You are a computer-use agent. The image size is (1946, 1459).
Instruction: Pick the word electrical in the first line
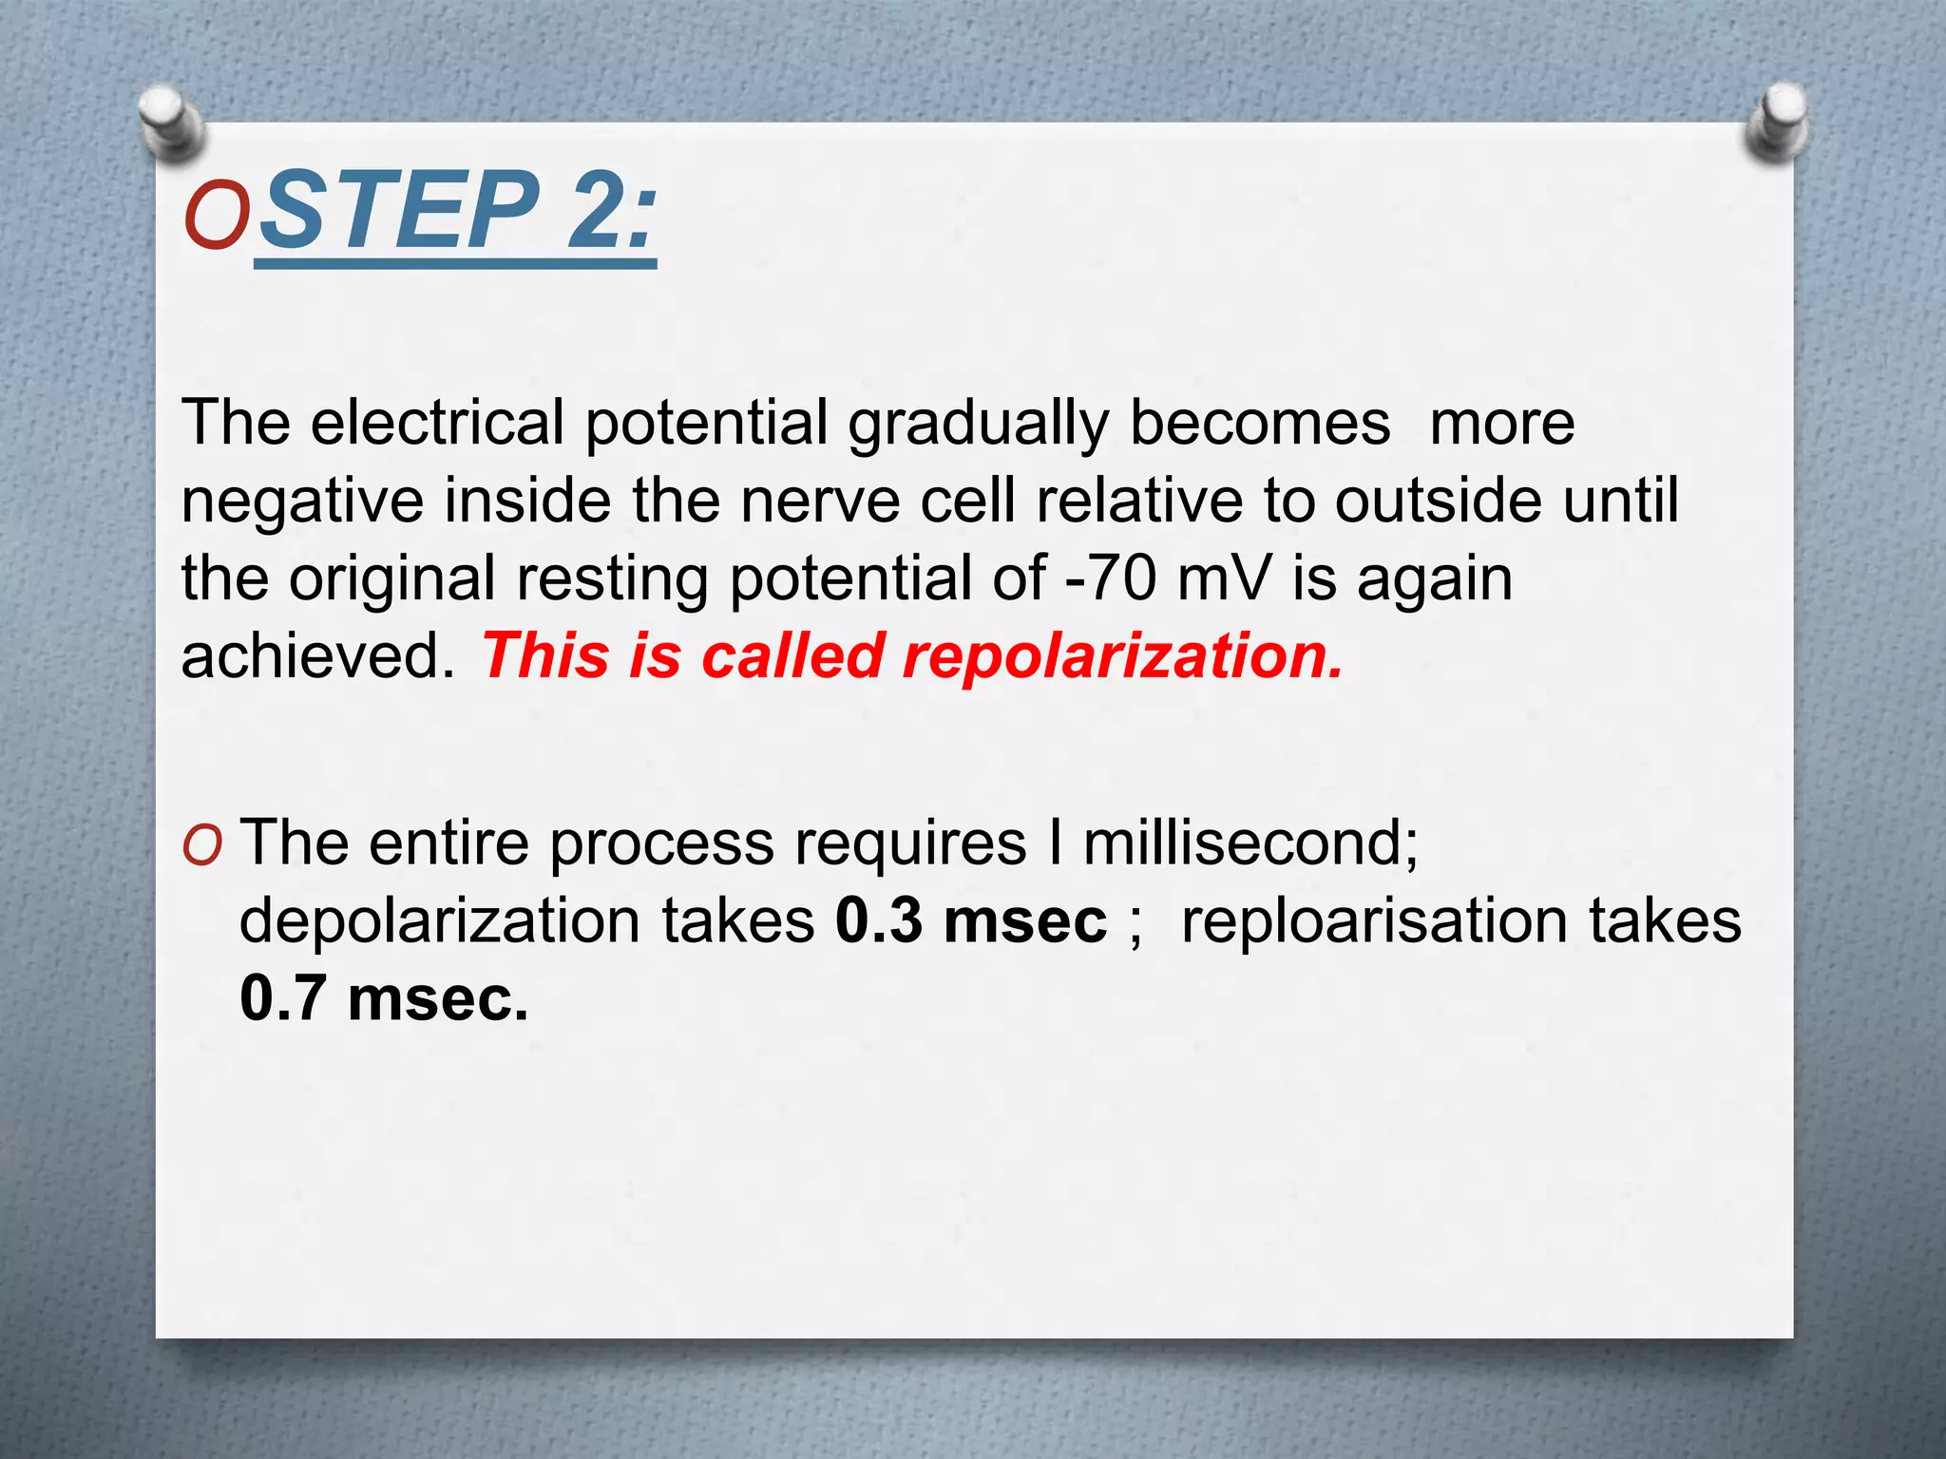click(437, 423)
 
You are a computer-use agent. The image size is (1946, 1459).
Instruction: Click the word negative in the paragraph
click(302, 502)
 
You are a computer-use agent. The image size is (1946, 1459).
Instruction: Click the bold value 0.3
click(879, 921)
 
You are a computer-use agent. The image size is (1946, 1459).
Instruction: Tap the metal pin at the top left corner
click(169, 120)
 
